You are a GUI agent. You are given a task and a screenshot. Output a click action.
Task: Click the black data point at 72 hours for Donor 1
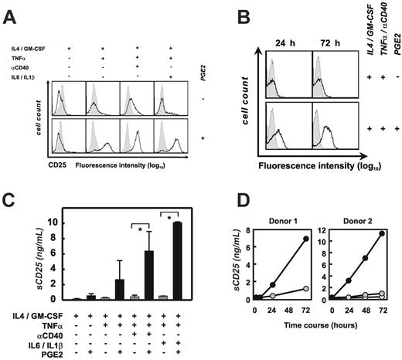point(306,239)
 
